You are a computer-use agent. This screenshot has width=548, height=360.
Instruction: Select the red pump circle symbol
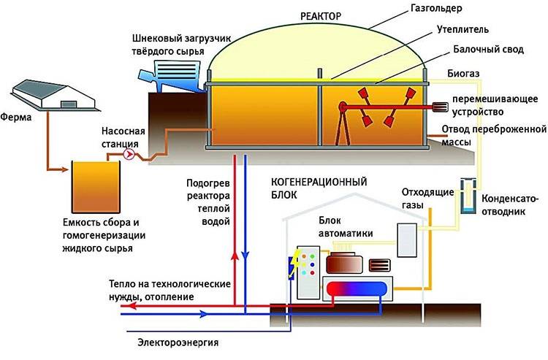130,155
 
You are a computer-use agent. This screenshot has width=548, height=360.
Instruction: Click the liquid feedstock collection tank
94,183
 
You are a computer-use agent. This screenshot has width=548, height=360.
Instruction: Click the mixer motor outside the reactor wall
441,107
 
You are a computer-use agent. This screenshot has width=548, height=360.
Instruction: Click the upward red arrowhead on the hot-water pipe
235,254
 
